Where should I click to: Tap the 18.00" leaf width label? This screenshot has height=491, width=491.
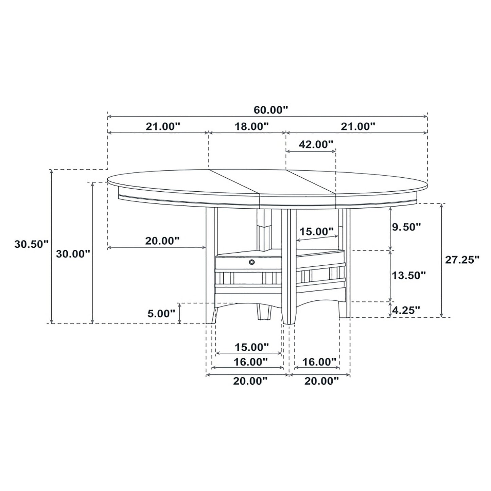[x=252, y=126]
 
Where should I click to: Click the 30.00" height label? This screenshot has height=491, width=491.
[x=73, y=253]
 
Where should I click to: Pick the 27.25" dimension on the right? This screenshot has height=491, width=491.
[x=462, y=260]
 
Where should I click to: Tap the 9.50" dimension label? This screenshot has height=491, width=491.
[x=407, y=227]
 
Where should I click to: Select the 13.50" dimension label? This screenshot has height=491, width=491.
[x=409, y=275]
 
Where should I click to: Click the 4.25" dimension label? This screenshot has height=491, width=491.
[x=406, y=310]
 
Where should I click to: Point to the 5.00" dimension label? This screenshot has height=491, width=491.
[x=161, y=313]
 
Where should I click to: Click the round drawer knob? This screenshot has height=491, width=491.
[x=252, y=262]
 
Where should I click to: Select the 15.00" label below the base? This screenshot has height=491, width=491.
[x=252, y=347]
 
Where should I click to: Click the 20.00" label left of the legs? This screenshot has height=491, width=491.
[x=162, y=241]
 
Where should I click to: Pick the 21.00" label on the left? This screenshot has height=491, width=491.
[x=162, y=126]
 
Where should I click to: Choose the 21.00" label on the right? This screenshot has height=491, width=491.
[x=358, y=126]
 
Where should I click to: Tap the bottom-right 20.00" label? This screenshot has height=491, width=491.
[x=321, y=381]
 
